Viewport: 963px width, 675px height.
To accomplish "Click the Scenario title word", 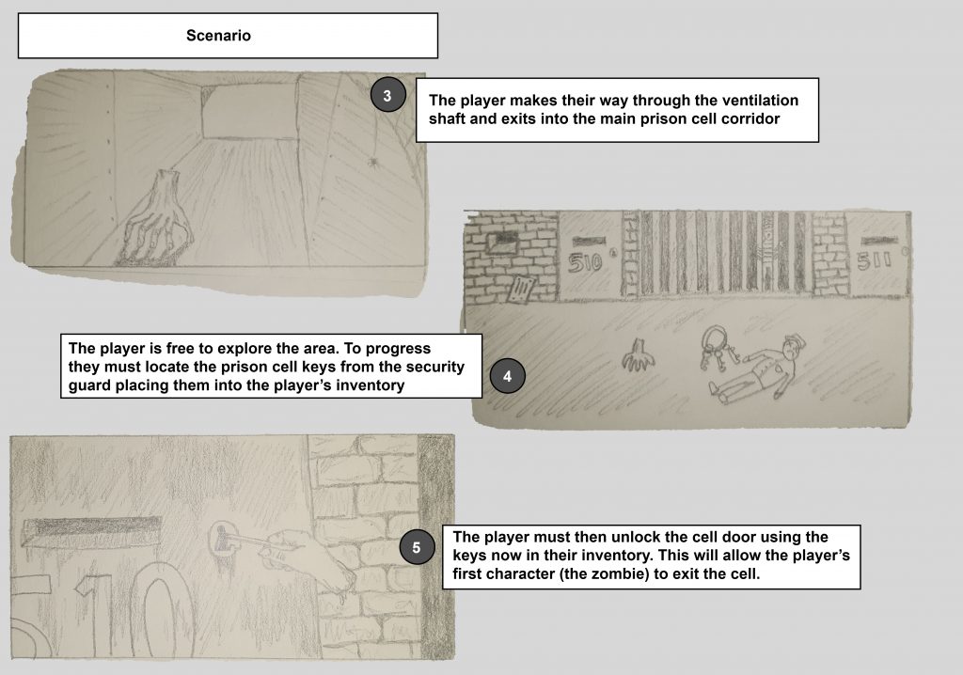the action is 218,36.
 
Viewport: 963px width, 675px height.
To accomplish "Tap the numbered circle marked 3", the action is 387,95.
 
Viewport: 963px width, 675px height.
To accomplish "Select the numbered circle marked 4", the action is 507,376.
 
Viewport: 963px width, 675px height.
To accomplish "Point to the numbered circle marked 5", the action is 417,547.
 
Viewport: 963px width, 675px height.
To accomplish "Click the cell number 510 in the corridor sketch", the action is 584,263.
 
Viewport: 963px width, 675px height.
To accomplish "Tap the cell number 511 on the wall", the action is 874,261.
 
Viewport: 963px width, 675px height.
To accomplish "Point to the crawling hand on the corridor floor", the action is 638,355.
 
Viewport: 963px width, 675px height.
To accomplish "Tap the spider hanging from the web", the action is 371,162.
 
